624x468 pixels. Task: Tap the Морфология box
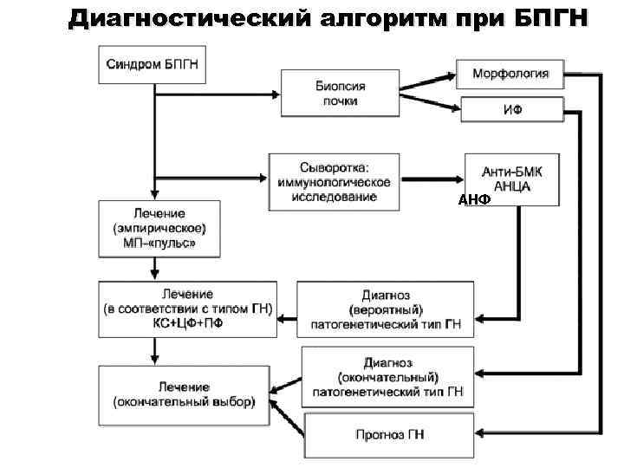tap(510, 74)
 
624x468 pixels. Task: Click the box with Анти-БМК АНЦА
tap(511, 177)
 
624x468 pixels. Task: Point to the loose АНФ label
tap(474, 199)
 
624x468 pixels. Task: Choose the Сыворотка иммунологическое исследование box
tap(334, 182)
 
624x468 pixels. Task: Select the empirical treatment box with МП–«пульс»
tap(159, 229)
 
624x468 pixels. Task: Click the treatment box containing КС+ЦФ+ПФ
tap(187, 309)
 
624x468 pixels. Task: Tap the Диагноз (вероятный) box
tap(386, 310)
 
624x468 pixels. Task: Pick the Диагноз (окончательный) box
tap(388, 377)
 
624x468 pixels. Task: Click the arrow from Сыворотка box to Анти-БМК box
tap(432, 180)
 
